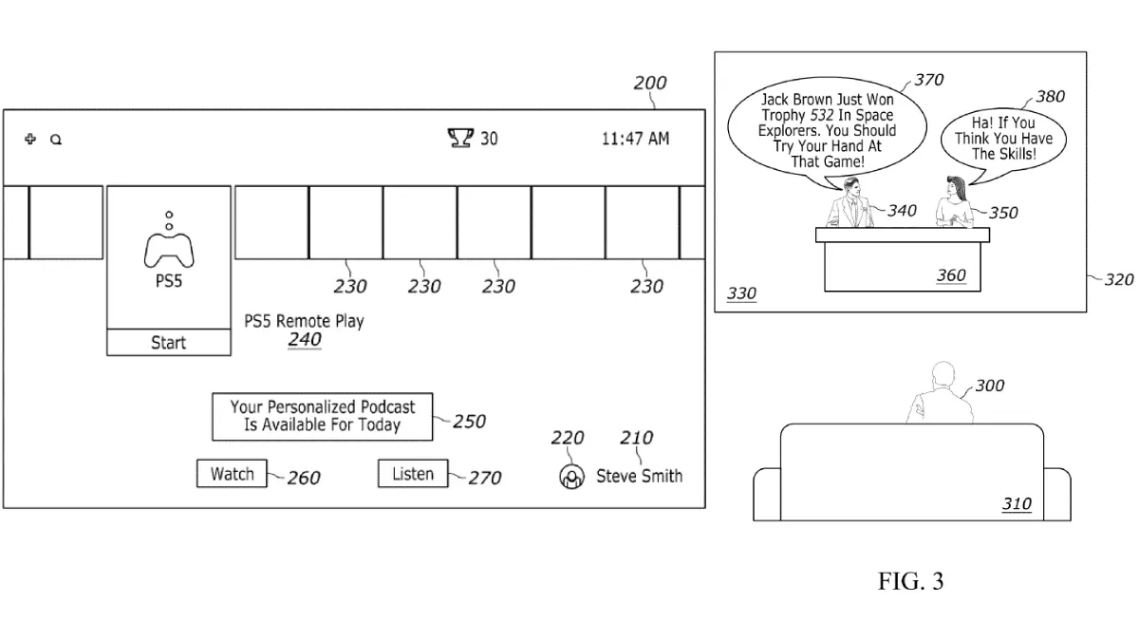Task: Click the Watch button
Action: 233,474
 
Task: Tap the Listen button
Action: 413,474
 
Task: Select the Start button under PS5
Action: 168,343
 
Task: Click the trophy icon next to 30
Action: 460,139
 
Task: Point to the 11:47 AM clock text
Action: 635,139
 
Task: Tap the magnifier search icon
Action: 56,140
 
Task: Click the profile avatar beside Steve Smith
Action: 570,477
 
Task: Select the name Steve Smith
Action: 639,476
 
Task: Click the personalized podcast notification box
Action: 322,416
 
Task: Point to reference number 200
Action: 650,84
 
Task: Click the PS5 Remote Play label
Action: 304,322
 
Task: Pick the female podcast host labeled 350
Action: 953,204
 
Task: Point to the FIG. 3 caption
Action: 910,581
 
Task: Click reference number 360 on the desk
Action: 950,275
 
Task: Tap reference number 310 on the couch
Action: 1017,504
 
